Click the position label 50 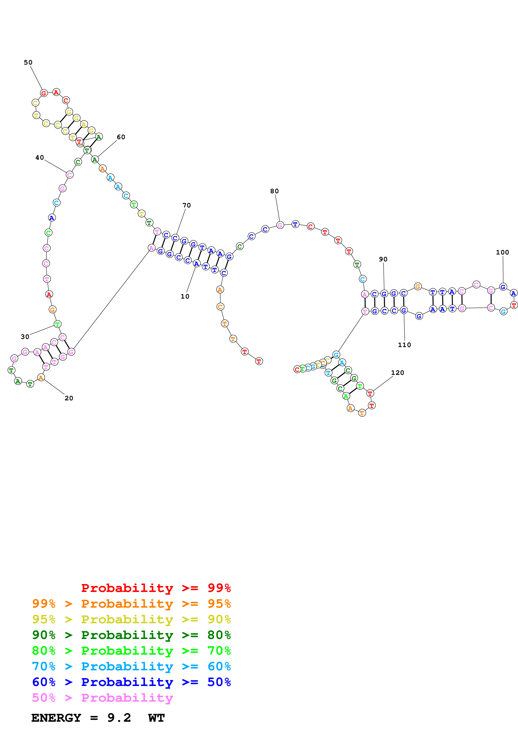pyautogui.click(x=28, y=62)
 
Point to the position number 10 pyautogui.click(x=185, y=297)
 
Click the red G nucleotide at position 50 pyautogui.click(x=44, y=93)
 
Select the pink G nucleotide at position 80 pyautogui.click(x=280, y=225)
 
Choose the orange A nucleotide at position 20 pyautogui.click(x=41, y=378)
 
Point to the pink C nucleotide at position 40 pyautogui.click(x=70, y=175)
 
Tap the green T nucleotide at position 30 pyautogui.click(x=57, y=324)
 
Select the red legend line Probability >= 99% pyautogui.click(x=156, y=588)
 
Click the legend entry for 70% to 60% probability pyautogui.click(x=131, y=667)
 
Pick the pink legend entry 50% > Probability pyautogui.click(x=102, y=698)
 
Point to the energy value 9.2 pyautogui.click(x=119, y=718)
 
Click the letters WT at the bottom pyautogui.click(x=156, y=718)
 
